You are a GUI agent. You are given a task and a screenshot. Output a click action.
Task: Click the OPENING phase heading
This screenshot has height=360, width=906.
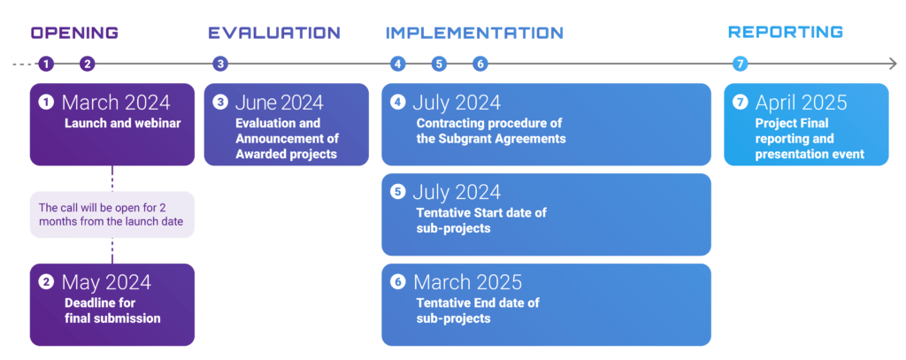pyautogui.click(x=74, y=33)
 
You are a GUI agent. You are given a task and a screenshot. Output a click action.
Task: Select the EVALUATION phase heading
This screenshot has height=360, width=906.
pyautogui.click(x=274, y=33)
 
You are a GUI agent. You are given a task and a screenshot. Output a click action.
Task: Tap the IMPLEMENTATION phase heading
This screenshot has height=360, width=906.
pyautogui.click(x=474, y=33)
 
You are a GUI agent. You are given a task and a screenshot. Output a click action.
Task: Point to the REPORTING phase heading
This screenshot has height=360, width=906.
pyautogui.click(x=786, y=32)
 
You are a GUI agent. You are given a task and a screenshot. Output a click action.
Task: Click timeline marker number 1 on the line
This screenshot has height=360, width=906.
pyautogui.click(x=46, y=65)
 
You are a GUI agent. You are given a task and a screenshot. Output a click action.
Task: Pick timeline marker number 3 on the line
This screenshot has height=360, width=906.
pyautogui.click(x=220, y=65)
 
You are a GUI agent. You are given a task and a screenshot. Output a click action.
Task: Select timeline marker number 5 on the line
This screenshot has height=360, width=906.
pyautogui.click(x=439, y=65)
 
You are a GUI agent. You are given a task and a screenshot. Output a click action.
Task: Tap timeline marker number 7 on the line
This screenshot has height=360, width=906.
pyautogui.click(x=741, y=65)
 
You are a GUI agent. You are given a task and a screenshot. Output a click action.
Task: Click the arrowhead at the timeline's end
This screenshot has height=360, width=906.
pyautogui.click(x=893, y=65)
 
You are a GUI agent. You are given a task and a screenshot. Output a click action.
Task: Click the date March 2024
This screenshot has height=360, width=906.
pyautogui.click(x=116, y=103)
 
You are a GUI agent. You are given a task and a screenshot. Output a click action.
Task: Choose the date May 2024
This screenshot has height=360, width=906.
pyautogui.click(x=106, y=282)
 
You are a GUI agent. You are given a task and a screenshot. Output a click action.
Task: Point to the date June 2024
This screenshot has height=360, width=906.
pyautogui.click(x=279, y=103)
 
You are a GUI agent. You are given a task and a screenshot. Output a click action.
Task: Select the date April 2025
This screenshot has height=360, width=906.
pyautogui.click(x=801, y=103)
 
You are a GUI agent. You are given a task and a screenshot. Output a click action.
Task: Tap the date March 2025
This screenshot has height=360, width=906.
pyautogui.click(x=467, y=282)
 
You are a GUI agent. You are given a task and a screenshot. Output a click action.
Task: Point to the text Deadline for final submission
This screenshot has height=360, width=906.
pyautogui.click(x=112, y=310)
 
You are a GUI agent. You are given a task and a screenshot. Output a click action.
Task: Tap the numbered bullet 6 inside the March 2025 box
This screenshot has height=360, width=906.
pyautogui.click(x=397, y=282)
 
